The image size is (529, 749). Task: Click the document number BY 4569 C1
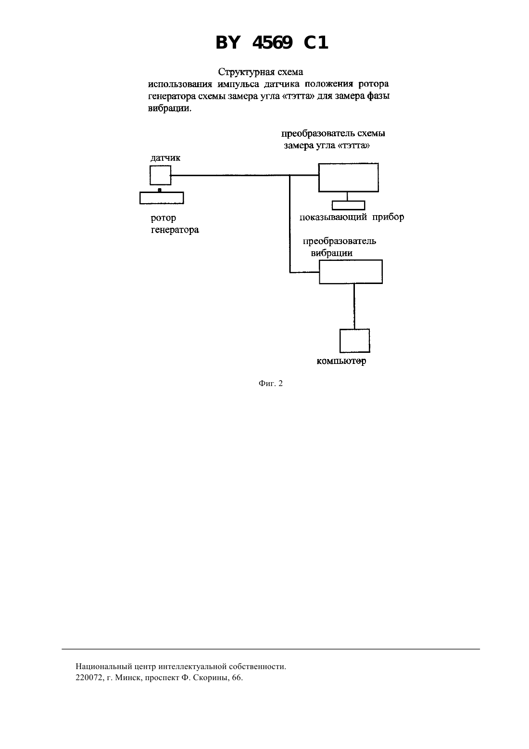272,43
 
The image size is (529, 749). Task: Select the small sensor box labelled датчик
160,175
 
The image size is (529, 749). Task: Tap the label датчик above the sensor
165,158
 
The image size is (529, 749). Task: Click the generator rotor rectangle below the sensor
162,198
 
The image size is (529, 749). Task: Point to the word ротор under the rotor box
164,219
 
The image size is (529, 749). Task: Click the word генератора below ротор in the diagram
175,230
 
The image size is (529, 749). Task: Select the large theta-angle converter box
348,178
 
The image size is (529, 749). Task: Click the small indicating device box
348,206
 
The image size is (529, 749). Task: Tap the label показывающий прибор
352,218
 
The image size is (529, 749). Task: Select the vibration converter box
351,272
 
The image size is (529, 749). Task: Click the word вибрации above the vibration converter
332,253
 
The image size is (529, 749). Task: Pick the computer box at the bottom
355,341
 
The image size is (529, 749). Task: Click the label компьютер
341,362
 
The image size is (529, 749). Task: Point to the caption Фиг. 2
270,384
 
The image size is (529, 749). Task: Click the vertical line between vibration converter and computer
354,306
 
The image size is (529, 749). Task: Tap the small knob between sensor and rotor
160,190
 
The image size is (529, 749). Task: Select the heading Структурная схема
261,72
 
